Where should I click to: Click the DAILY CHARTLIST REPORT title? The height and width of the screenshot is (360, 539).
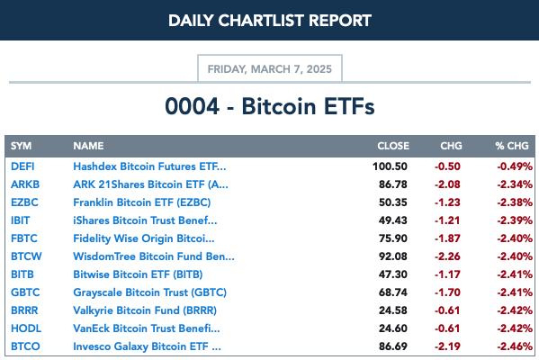tap(270, 21)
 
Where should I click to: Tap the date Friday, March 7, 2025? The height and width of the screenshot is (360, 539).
tap(270, 69)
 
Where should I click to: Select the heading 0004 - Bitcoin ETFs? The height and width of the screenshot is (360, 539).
tap(270, 106)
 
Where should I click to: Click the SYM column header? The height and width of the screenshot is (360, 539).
tap(21, 146)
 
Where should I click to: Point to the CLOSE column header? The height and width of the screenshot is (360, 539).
tap(393, 146)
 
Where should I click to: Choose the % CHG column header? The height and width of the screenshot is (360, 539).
tap(512, 146)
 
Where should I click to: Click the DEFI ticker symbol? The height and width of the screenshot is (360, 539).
tap(22, 166)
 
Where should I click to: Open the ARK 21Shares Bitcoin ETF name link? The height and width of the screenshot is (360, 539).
tap(150, 184)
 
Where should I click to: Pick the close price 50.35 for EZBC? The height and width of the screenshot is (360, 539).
tap(393, 202)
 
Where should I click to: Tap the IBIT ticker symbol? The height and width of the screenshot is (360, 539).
tap(21, 220)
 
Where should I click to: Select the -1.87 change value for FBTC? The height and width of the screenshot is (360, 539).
tap(447, 238)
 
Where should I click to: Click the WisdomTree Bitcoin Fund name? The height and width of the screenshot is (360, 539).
tap(154, 256)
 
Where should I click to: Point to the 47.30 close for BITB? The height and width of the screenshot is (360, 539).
tap(393, 274)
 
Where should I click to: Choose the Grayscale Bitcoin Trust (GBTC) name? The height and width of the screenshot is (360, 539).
tap(150, 292)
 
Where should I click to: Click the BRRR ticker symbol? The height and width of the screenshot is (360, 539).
tap(24, 310)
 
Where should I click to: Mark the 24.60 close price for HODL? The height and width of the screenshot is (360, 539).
tap(393, 328)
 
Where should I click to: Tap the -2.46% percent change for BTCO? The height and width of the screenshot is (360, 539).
tap(515, 346)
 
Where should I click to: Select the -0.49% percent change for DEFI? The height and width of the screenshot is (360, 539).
tap(515, 166)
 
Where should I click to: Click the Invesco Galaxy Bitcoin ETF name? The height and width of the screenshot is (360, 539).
tap(148, 346)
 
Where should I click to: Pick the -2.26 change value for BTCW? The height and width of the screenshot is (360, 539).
tap(447, 256)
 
